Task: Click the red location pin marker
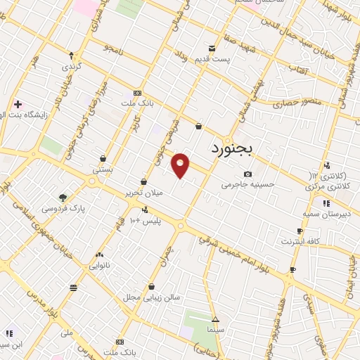[x=181, y=165]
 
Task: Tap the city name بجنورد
[x=236, y=149]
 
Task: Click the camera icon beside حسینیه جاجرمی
[x=247, y=174]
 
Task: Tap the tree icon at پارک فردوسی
[x=63, y=198]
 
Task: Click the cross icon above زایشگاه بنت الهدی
[x=18, y=104]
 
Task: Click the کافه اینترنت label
[x=300, y=241]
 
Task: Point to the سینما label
[x=215, y=328]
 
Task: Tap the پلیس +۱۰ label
[x=148, y=220]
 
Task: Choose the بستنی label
[x=103, y=169]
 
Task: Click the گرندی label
[x=71, y=66]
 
